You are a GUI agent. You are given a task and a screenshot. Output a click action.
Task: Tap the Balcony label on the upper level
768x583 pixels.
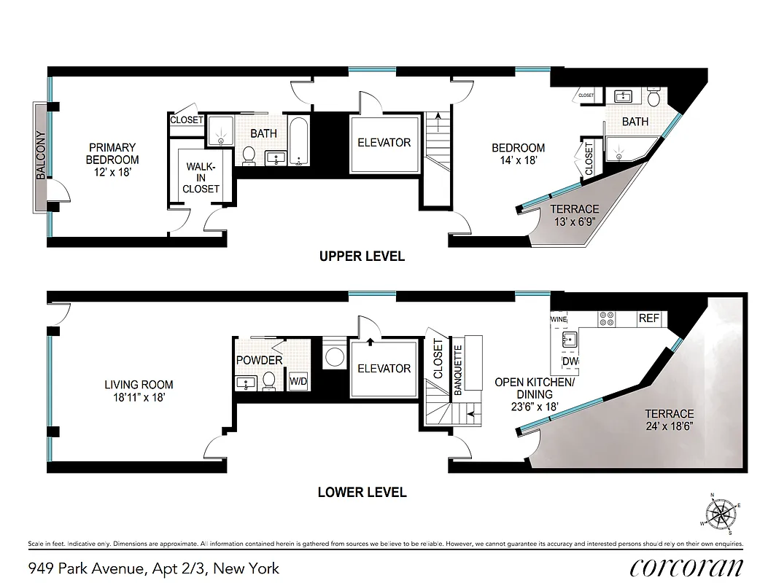(41, 154)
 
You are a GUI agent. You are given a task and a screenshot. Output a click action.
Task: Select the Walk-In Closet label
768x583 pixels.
(201, 177)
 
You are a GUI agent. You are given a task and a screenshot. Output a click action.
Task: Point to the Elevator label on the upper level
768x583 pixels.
(384, 143)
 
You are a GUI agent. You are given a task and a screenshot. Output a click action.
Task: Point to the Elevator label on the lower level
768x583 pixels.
(384, 369)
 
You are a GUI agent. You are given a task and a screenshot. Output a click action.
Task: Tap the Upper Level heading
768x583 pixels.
(362, 257)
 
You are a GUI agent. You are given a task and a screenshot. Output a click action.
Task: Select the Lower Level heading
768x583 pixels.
(362, 493)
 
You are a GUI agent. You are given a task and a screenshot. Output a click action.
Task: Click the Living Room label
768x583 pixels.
(139, 391)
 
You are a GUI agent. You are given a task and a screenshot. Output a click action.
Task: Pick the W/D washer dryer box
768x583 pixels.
(298, 381)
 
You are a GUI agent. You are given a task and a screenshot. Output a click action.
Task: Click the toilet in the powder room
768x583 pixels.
(269, 380)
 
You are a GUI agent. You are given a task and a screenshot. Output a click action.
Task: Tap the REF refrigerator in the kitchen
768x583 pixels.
(648, 318)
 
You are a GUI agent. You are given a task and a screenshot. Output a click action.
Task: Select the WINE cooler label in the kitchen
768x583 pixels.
(559, 319)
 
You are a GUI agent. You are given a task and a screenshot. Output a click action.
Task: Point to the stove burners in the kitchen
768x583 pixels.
(607, 318)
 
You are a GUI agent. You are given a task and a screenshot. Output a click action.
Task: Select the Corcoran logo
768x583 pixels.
(686, 567)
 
